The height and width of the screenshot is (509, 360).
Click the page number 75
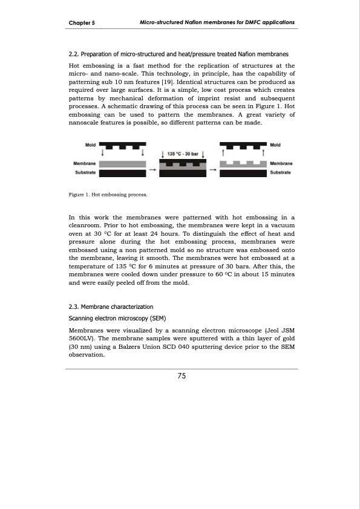pyautogui.click(x=181, y=377)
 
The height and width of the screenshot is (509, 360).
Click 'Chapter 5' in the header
pyautogui.click(x=83, y=22)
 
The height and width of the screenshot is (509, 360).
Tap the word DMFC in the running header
pyautogui.click(x=249, y=22)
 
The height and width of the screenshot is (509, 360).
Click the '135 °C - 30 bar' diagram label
pyautogui.click(x=183, y=154)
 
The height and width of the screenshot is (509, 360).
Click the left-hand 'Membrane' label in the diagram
pyautogui.click(x=84, y=164)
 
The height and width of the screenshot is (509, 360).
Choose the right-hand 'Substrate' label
pyautogui.click(x=281, y=172)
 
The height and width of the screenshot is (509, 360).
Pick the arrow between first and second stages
pyautogui.click(x=152, y=170)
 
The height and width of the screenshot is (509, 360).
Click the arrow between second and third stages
pyautogui.click(x=212, y=170)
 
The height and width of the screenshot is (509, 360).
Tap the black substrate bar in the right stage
pyautogui.click(x=243, y=173)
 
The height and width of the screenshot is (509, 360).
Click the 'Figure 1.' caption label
pyautogui.click(x=80, y=195)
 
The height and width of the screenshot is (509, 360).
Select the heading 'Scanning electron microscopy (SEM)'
pyautogui.click(x=115, y=318)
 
